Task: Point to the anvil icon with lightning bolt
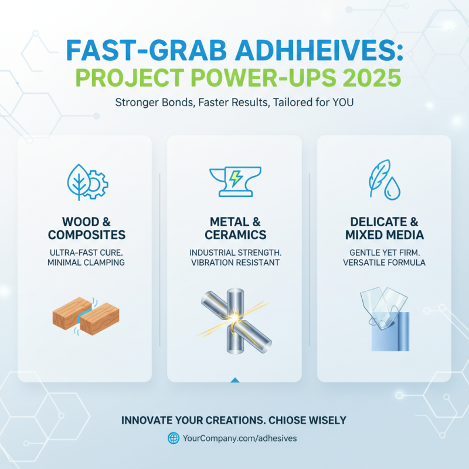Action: pyautogui.click(x=235, y=179)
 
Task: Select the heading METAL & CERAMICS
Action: pyautogui.click(x=235, y=229)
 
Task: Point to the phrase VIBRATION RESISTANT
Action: pyautogui.click(x=235, y=263)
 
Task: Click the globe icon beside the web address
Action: pyautogui.click(x=174, y=438)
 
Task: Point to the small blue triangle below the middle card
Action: pyautogui.click(x=235, y=380)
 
